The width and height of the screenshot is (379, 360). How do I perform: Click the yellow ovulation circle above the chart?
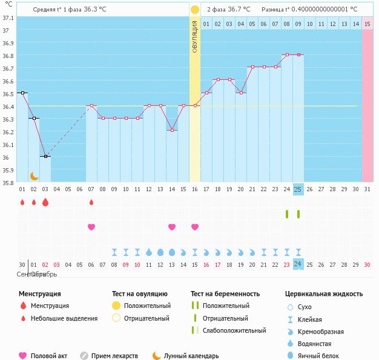pos(194,10)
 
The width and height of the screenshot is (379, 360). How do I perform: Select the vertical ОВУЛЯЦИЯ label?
pos(194,36)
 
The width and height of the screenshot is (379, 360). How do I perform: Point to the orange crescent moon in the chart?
pos(35,175)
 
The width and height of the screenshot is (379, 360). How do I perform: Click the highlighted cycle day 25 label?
pos(298,189)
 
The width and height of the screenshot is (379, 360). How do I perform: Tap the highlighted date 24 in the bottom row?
pos(298,264)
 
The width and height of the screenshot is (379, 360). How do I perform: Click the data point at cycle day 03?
pos(45,156)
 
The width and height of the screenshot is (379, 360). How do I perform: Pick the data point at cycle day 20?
pos(241,93)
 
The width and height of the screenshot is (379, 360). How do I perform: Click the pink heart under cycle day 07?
pos(91,227)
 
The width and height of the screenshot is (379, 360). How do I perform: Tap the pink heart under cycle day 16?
pos(195,227)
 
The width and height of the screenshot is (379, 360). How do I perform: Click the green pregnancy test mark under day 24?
pos(287,214)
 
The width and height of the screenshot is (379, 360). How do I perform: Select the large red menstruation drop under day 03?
pos(45,202)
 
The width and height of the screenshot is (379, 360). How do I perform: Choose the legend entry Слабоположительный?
pos(234,330)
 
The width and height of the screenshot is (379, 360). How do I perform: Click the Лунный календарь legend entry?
pos(190,356)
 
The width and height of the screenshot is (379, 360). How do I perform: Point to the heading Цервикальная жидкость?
pos(324,293)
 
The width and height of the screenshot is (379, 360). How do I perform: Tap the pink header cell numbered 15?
pos(367,24)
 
